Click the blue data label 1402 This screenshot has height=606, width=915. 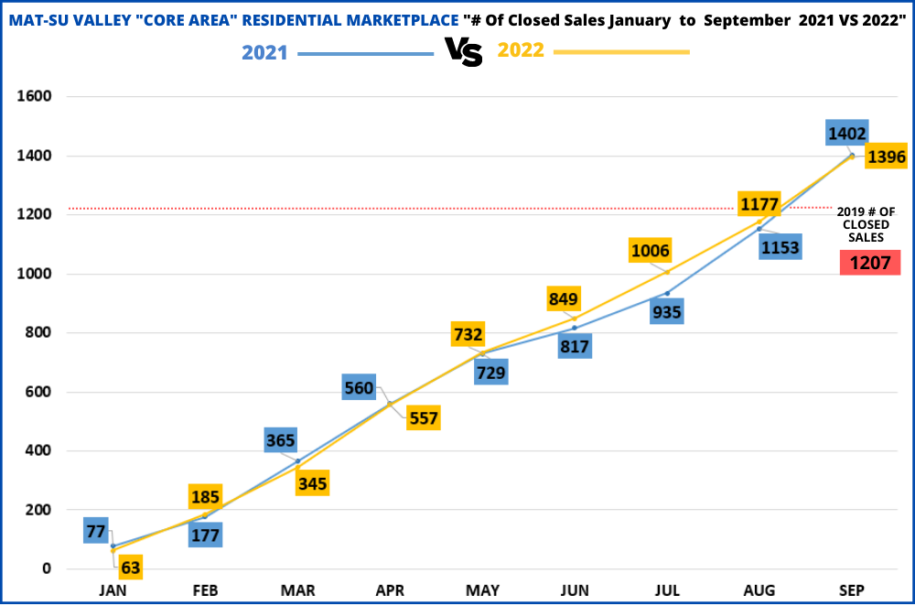[x=846, y=134]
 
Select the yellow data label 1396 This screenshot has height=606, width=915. [x=886, y=157]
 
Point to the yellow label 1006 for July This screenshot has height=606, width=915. [x=650, y=251]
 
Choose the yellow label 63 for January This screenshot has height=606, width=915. [x=131, y=568]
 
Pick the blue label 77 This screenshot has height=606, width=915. [x=97, y=530]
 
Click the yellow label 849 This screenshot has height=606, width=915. [x=564, y=298]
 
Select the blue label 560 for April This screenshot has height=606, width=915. [x=359, y=388]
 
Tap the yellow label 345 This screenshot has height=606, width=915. [x=313, y=482]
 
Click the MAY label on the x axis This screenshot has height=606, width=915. [x=482, y=591]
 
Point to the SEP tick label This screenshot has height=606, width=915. [x=851, y=591]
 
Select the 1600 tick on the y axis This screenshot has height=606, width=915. [x=34, y=96]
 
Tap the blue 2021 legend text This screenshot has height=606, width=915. [x=264, y=52]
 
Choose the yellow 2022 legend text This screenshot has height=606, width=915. [x=521, y=51]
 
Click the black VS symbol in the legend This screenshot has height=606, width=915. [x=464, y=52]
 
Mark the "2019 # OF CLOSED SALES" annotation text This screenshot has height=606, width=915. [x=866, y=224]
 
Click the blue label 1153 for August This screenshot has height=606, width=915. [x=780, y=247]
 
